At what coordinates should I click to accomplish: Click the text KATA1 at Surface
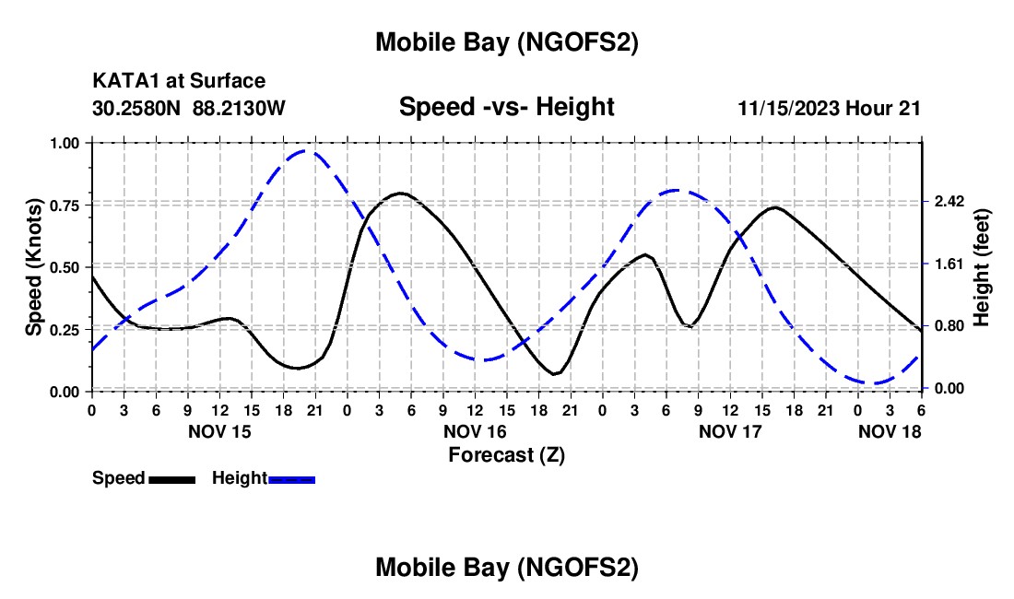179,82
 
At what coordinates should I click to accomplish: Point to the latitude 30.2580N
137,108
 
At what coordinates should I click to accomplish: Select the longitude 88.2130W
240,108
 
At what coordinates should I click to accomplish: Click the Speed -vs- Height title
506,107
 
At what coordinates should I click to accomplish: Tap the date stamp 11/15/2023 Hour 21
830,108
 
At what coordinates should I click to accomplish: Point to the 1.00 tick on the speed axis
70,143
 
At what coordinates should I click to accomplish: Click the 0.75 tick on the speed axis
70,205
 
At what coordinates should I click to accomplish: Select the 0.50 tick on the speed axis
70,267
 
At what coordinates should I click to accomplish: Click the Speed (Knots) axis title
34,267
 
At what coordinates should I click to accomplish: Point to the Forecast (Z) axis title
506,454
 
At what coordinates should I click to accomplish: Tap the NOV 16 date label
475,431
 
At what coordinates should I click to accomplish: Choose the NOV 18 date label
890,431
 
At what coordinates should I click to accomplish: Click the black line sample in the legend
171,478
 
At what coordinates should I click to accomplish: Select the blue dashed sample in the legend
292,478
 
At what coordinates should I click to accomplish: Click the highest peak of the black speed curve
400,193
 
